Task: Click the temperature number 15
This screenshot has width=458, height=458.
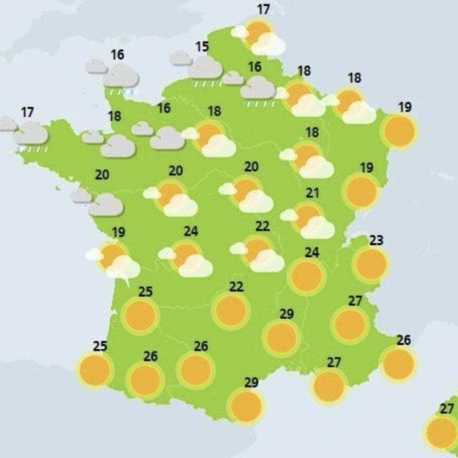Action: click(x=202, y=46)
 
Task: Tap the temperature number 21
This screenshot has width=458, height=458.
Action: click(x=312, y=192)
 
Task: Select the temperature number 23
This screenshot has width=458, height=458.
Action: click(x=376, y=240)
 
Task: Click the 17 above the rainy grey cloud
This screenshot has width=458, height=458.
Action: click(x=27, y=112)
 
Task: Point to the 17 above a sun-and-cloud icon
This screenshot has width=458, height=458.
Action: click(x=263, y=10)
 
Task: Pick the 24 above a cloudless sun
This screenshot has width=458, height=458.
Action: click(x=312, y=252)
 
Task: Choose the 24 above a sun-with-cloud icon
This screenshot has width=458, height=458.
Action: click(x=191, y=232)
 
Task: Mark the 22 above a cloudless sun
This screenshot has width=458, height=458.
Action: click(x=236, y=286)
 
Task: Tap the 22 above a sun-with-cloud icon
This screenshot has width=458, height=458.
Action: click(x=262, y=226)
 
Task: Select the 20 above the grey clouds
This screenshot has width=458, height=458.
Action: click(x=102, y=175)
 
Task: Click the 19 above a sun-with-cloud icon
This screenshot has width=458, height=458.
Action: click(x=119, y=232)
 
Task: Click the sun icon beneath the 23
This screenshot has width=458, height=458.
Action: click(x=371, y=264)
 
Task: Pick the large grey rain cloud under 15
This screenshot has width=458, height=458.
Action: click(x=205, y=68)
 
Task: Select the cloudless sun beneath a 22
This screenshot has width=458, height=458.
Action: click(x=231, y=310)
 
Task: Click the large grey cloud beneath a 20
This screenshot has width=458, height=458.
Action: click(x=106, y=204)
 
